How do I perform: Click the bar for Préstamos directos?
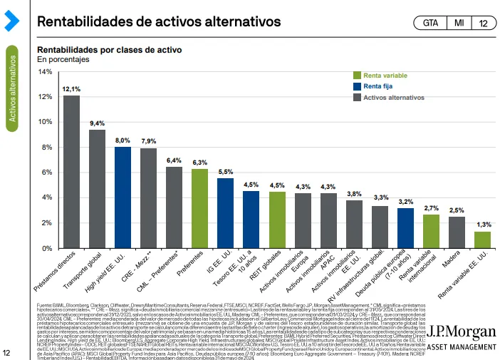pyautogui.click(x=71, y=172)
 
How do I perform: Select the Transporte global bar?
pyautogui.click(x=97, y=189)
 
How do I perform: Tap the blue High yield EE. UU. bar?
pyautogui.click(x=123, y=197)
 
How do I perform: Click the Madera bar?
pyautogui.click(x=457, y=232)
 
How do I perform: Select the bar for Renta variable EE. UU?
pyautogui.click(x=482, y=240)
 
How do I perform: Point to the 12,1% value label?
pyautogui.click(x=71, y=89)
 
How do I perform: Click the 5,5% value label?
pyautogui.click(x=226, y=172)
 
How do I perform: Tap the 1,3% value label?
pyautogui.click(x=483, y=225)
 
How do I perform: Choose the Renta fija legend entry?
pyautogui.click(x=377, y=86)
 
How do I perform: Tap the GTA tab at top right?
pyautogui.click(x=430, y=23)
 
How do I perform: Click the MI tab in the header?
pyautogui.click(x=459, y=23)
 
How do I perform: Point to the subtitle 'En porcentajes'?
pyautogui.click(x=63, y=60)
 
